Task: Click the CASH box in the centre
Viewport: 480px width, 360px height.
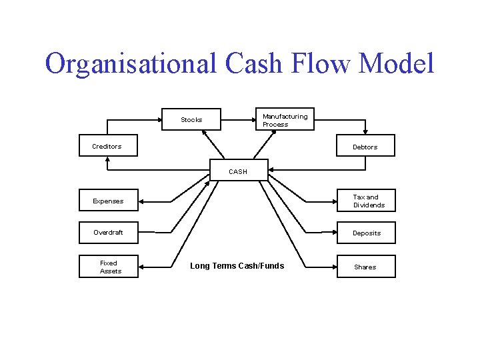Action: point(239,171)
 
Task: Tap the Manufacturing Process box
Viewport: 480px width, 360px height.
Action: point(284,120)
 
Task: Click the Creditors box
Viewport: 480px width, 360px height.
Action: point(108,146)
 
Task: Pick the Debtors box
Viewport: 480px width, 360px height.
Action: point(365,146)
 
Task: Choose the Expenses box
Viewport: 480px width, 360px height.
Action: point(108,201)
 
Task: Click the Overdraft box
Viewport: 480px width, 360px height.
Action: point(108,233)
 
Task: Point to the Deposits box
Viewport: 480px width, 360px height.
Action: point(366,233)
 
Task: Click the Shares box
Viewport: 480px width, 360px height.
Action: point(366,267)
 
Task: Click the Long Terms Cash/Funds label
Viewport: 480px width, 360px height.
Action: point(237,266)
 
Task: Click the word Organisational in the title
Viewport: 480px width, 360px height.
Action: point(131,64)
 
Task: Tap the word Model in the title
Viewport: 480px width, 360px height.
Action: point(397,64)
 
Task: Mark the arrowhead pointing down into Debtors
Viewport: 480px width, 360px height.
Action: point(365,132)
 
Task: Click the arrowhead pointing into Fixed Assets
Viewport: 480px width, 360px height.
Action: point(143,267)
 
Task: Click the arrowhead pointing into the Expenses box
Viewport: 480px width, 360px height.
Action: point(143,201)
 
